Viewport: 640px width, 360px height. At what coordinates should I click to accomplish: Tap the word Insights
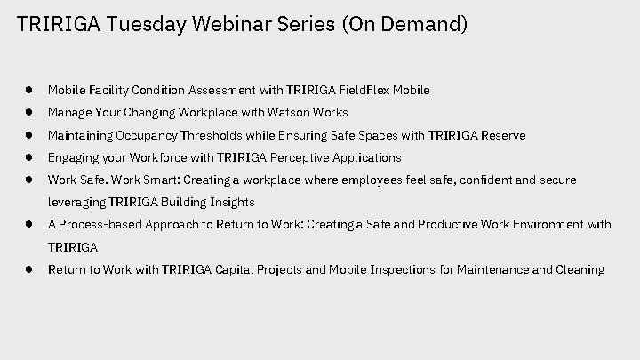click(x=229, y=202)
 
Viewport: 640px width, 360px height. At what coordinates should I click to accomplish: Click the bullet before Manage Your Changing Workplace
click(x=30, y=113)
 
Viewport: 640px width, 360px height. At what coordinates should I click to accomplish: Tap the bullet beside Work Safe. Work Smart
click(x=30, y=180)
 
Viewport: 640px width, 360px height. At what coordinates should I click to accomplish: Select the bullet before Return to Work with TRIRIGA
click(x=30, y=269)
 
